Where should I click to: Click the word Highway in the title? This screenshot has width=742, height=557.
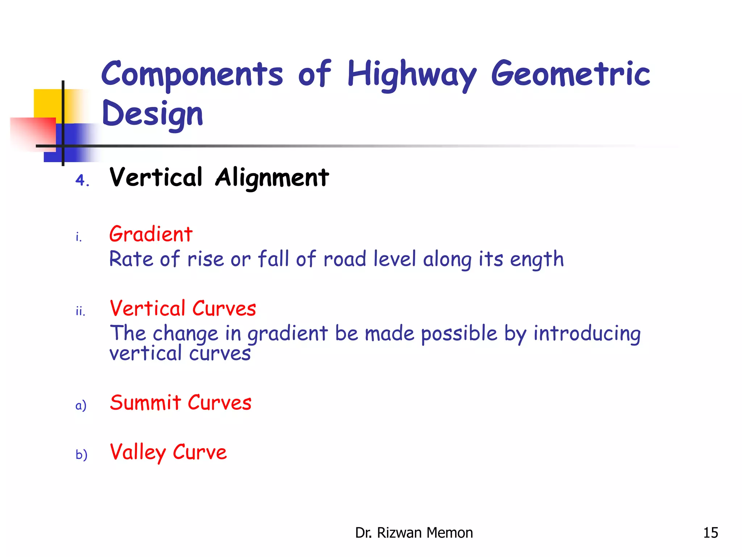(x=412, y=74)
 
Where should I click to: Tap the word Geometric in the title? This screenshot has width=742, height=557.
(x=571, y=74)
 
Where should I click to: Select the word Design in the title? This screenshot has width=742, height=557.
(x=152, y=114)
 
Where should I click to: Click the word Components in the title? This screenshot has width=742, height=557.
(x=192, y=74)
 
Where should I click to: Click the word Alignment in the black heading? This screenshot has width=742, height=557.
(x=272, y=178)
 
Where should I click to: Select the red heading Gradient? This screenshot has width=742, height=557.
(x=151, y=234)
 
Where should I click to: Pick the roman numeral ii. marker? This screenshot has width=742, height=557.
(x=80, y=311)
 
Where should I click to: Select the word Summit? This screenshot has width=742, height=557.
(x=145, y=403)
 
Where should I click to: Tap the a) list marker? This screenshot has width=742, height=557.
(x=81, y=405)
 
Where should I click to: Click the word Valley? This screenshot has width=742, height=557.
(x=138, y=453)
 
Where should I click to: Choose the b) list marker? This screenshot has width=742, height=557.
(x=81, y=454)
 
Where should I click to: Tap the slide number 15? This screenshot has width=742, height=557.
(x=710, y=533)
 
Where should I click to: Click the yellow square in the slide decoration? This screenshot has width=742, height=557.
(x=47, y=103)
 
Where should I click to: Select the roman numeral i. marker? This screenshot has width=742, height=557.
(x=79, y=237)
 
